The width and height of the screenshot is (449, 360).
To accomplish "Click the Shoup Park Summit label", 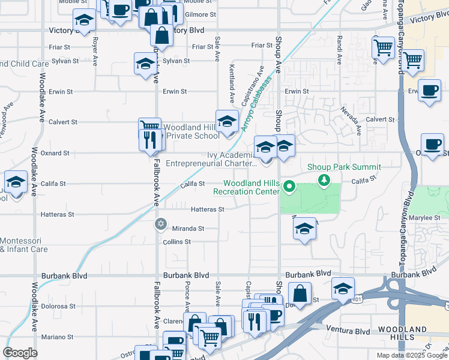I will click(x=344, y=167).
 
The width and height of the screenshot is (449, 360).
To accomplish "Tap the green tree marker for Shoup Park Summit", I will click(x=325, y=179).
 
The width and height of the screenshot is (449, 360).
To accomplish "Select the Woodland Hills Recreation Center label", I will click(x=251, y=187).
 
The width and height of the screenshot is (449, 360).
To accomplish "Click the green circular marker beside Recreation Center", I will click(x=289, y=186).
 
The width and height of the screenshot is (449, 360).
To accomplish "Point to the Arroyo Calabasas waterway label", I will click(x=257, y=103).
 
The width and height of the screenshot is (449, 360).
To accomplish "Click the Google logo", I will click(x=20, y=353).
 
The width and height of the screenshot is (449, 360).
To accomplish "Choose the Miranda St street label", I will click(x=188, y=229).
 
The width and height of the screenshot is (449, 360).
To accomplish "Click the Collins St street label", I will click(x=176, y=242).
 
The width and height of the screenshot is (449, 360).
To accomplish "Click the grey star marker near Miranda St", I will click(x=160, y=224).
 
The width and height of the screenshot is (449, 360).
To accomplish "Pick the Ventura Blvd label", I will click(x=348, y=329).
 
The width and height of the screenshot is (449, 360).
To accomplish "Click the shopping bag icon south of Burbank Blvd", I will click(x=300, y=295).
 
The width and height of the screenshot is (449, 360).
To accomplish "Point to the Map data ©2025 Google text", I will click(x=412, y=355).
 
